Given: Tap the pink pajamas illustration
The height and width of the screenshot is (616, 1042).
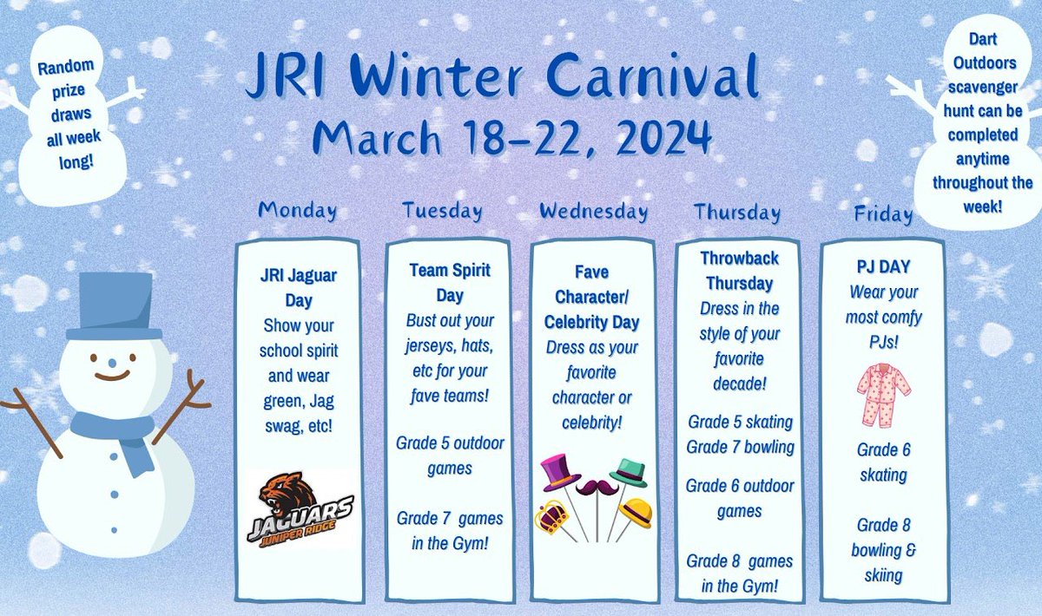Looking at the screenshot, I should pyautogui.click(x=883, y=396).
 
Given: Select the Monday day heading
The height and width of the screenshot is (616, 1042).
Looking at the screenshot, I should pyautogui.click(x=298, y=210).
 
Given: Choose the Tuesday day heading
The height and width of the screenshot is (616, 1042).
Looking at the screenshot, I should pyautogui.click(x=442, y=211).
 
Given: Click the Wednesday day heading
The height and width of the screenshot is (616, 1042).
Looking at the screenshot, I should pyautogui.click(x=593, y=211).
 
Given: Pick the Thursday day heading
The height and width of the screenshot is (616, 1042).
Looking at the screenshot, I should pyautogui.click(x=737, y=212).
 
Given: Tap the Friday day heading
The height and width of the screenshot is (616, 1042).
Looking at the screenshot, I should pyautogui.click(x=883, y=214).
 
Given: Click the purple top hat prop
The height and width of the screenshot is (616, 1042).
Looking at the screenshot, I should pyautogui.click(x=560, y=472).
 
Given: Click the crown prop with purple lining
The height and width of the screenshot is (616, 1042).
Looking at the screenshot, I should pyautogui.click(x=552, y=518).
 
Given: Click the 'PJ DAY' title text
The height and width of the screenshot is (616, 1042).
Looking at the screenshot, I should pyautogui.click(x=883, y=267).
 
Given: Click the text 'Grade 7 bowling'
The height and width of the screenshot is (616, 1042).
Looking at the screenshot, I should pyautogui.click(x=740, y=447).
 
